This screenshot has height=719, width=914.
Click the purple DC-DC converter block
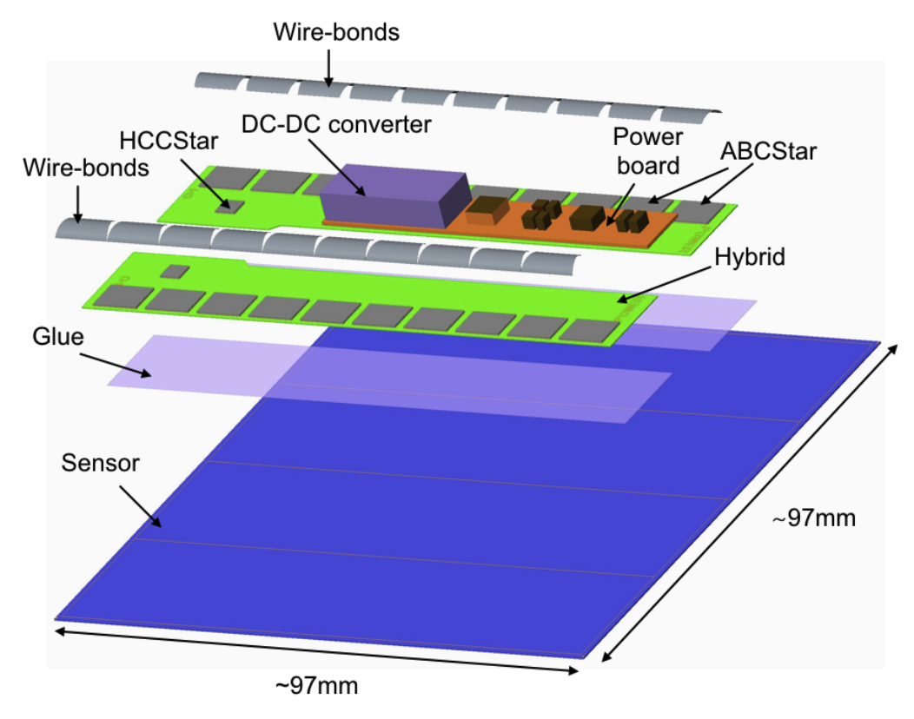[391, 196]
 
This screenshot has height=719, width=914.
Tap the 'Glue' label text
[59, 336]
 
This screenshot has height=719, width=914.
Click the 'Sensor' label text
[101, 463]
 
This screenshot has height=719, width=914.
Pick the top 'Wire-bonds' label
[336, 33]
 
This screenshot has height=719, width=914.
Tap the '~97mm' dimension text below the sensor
[317, 685]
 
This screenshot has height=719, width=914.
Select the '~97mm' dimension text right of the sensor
[813, 518]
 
